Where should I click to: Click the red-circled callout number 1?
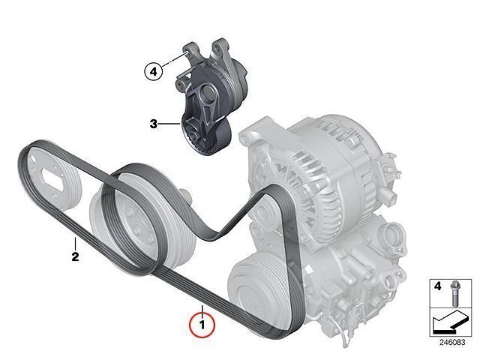click(x=202, y=325)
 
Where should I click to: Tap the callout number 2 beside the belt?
click(x=75, y=256)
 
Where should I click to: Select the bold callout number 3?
click(x=153, y=124)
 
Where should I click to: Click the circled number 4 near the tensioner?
click(x=153, y=72)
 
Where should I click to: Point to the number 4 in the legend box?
click(x=438, y=286)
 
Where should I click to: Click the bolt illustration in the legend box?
click(x=454, y=293)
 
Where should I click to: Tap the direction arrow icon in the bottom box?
click(x=450, y=322)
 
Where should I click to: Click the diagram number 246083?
click(x=452, y=342)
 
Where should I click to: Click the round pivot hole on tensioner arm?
click(x=206, y=91)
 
